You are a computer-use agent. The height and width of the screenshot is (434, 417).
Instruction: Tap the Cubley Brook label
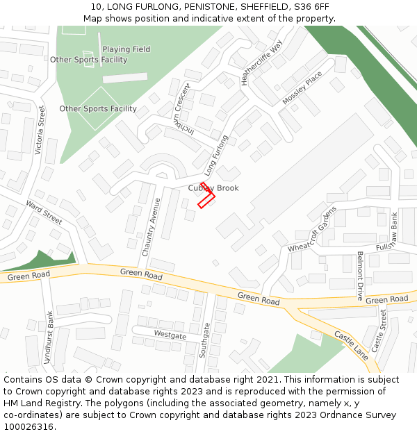click(x=213, y=188)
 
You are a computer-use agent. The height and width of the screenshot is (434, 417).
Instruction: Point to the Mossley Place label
click(x=302, y=88)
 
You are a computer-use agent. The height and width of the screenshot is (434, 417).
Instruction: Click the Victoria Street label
click(x=41, y=128)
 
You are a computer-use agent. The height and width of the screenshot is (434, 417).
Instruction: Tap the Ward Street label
click(x=44, y=211)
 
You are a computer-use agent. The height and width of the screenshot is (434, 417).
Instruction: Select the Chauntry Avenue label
click(x=152, y=227)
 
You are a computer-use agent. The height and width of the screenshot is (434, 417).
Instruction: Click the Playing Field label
click(x=126, y=49)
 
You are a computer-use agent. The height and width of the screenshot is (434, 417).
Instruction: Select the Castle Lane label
click(x=352, y=344)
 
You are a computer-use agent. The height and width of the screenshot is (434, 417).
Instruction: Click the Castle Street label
click(x=378, y=331)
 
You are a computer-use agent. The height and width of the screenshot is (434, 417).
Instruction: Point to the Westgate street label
click(x=170, y=335)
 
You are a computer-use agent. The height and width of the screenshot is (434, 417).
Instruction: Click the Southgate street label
click(x=204, y=340)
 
